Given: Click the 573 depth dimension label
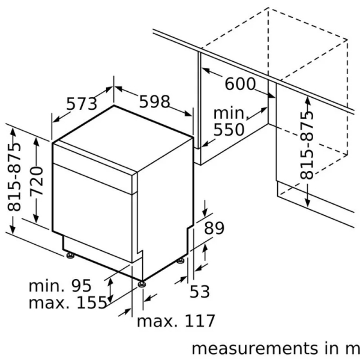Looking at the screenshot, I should tap(82, 104).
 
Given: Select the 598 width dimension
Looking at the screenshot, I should tap(154, 101).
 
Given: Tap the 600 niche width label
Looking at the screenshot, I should tap(239, 84).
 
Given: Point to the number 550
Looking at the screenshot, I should tap(229, 129).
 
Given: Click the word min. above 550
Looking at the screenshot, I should tap(230, 113).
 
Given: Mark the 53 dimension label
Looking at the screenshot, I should tap(200, 292).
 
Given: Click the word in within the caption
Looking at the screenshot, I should tap(331, 349).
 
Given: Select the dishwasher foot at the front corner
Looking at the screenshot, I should tap(141, 283).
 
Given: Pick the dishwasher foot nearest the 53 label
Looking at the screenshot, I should tap(181, 261).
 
